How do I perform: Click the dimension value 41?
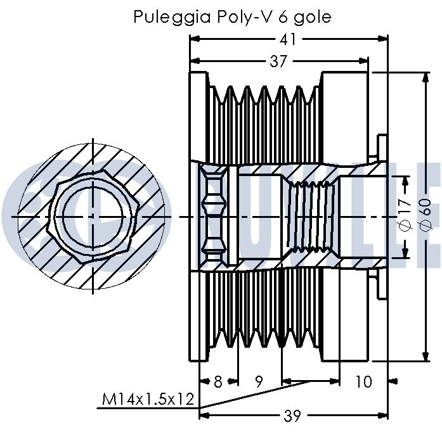[x=289, y=39]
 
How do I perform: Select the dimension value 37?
[x=278, y=61]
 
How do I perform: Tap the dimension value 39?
[x=291, y=416]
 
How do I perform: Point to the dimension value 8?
[x=218, y=382]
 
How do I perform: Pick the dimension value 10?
[x=363, y=382]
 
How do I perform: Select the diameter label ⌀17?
[x=406, y=216]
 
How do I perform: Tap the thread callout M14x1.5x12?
[x=148, y=400]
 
